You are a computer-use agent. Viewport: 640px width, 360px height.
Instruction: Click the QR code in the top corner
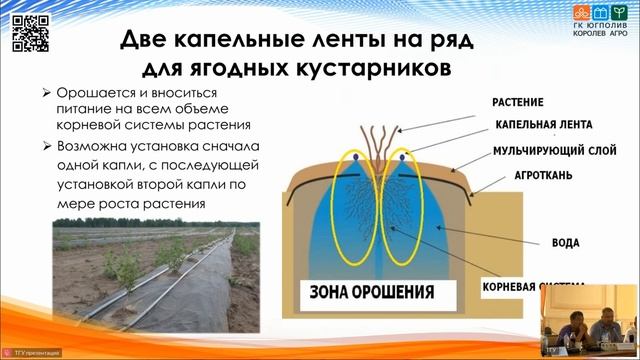29,31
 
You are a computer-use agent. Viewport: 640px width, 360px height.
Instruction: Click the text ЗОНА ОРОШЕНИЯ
371,293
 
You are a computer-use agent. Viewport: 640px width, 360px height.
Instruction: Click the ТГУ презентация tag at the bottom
37,353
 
